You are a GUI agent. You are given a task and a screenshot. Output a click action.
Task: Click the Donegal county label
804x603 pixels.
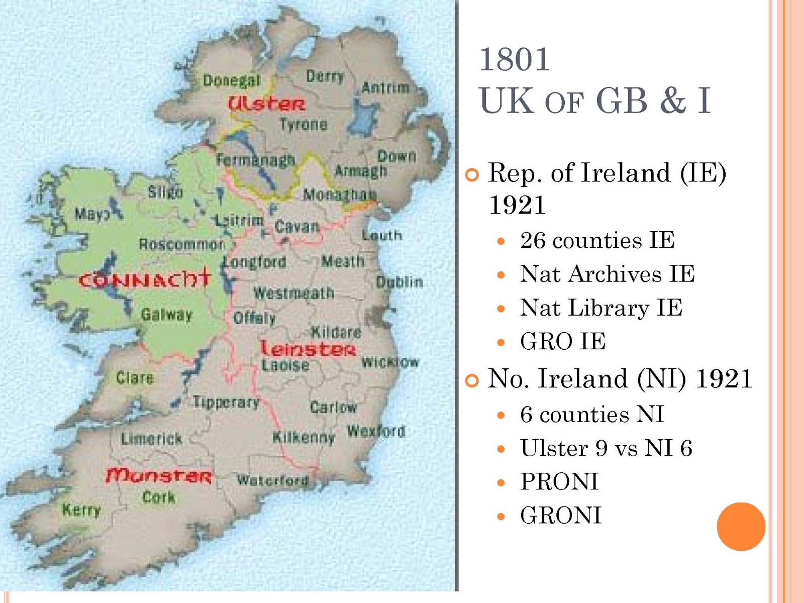tap(232, 80)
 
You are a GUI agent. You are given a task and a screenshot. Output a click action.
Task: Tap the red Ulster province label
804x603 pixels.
tap(266, 104)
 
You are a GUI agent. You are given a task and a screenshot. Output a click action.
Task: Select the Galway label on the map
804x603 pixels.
tap(166, 315)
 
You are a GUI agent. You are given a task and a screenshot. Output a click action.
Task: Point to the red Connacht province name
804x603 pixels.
tap(144, 278)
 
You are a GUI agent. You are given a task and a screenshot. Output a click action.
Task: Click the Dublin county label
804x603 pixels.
tap(399, 281)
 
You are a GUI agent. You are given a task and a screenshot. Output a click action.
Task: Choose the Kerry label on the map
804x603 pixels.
tap(81, 510)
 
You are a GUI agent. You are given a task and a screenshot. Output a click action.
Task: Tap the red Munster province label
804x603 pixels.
tap(159, 475)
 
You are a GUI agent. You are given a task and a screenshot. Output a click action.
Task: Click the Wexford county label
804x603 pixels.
tap(376, 431)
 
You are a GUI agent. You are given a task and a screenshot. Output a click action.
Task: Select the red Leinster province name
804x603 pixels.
tap(308, 348)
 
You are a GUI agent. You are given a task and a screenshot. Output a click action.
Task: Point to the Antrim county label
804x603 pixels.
tap(385, 87)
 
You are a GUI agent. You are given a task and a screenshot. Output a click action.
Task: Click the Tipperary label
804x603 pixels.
tap(226, 402)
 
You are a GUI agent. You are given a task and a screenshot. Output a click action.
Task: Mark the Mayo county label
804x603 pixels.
tap(92, 214)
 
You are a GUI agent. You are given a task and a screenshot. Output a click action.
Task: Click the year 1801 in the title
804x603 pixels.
tap(515, 59)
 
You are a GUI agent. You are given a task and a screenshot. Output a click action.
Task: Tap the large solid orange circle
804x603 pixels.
tap(741, 526)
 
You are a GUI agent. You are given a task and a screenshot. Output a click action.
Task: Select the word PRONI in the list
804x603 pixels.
tap(559, 481)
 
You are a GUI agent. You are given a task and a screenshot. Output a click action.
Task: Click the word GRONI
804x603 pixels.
tap(561, 515)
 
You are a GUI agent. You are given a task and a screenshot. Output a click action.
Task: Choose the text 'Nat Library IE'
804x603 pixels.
tap(601, 308)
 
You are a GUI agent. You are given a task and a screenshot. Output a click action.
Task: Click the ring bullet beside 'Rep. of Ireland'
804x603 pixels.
tap(472, 175)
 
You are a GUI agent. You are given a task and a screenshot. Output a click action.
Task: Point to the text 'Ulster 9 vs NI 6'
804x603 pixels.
tap(606, 448)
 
